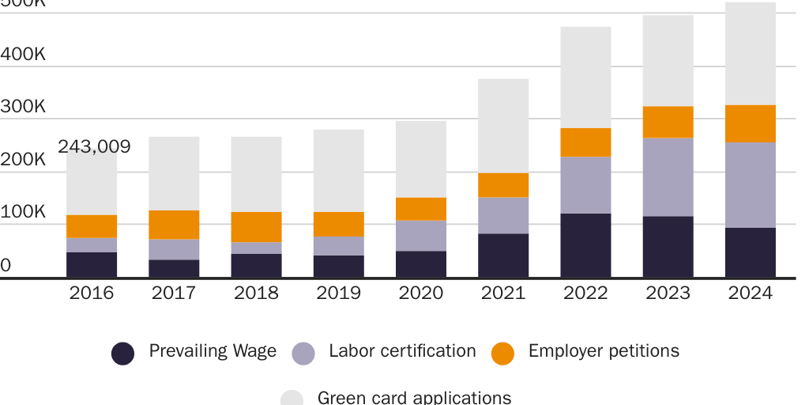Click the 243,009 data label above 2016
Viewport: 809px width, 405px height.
[x=94, y=147]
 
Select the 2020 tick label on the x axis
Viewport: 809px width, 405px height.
[x=420, y=293]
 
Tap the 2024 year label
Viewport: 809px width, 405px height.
[x=750, y=293]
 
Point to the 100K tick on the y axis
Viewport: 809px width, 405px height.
[x=23, y=212]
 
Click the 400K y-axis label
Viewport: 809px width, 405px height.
[x=23, y=55]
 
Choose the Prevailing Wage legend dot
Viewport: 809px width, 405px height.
[x=122, y=354]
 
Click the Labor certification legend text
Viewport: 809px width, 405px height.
[x=402, y=351]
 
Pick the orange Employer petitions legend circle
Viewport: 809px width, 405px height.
[x=502, y=354]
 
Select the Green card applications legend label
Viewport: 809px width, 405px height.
[x=414, y=397]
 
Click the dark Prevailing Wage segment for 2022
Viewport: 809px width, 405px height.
[x=585, y=245]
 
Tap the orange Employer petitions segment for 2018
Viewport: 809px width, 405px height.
[x=256, y=227]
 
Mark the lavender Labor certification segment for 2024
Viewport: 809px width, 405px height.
[x=750, y=185]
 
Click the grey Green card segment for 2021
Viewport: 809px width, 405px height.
[x=503, y=126]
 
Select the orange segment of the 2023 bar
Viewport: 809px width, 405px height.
[x=668, y=123]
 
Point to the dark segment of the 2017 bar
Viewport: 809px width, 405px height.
[x=174, y=268]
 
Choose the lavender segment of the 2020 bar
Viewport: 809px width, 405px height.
[x=420, y=236]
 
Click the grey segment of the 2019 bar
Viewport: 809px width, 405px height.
[x=338, y=171]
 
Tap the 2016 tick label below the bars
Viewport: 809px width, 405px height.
[x=92, y=293]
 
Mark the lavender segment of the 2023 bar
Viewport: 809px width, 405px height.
[x=668, y=177]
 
